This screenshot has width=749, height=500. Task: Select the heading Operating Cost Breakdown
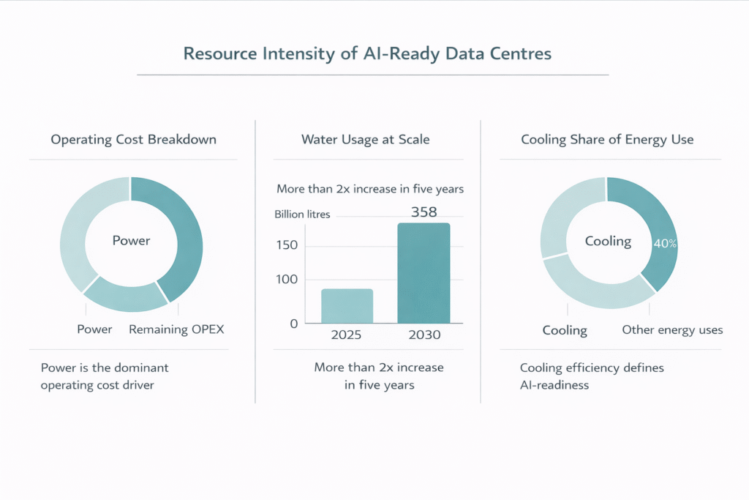coord(133,139)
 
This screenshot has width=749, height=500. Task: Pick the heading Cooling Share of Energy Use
coord(607,139)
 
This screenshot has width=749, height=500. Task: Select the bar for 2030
coord(424,273)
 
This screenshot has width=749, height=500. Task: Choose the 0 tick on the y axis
coord(293,323)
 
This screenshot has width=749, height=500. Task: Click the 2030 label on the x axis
coord(424,336)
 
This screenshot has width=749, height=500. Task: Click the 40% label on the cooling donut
coord(664,244)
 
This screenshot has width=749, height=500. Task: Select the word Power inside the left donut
coord(131,240)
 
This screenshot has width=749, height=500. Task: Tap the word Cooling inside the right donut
coord(608,241)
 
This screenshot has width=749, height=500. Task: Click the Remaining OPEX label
coord(176,329)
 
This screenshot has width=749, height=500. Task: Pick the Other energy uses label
coord(672,330)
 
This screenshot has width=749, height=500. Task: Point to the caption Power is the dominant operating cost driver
coord(105,376)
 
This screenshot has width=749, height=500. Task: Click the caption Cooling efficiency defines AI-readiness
coord(592,376)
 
